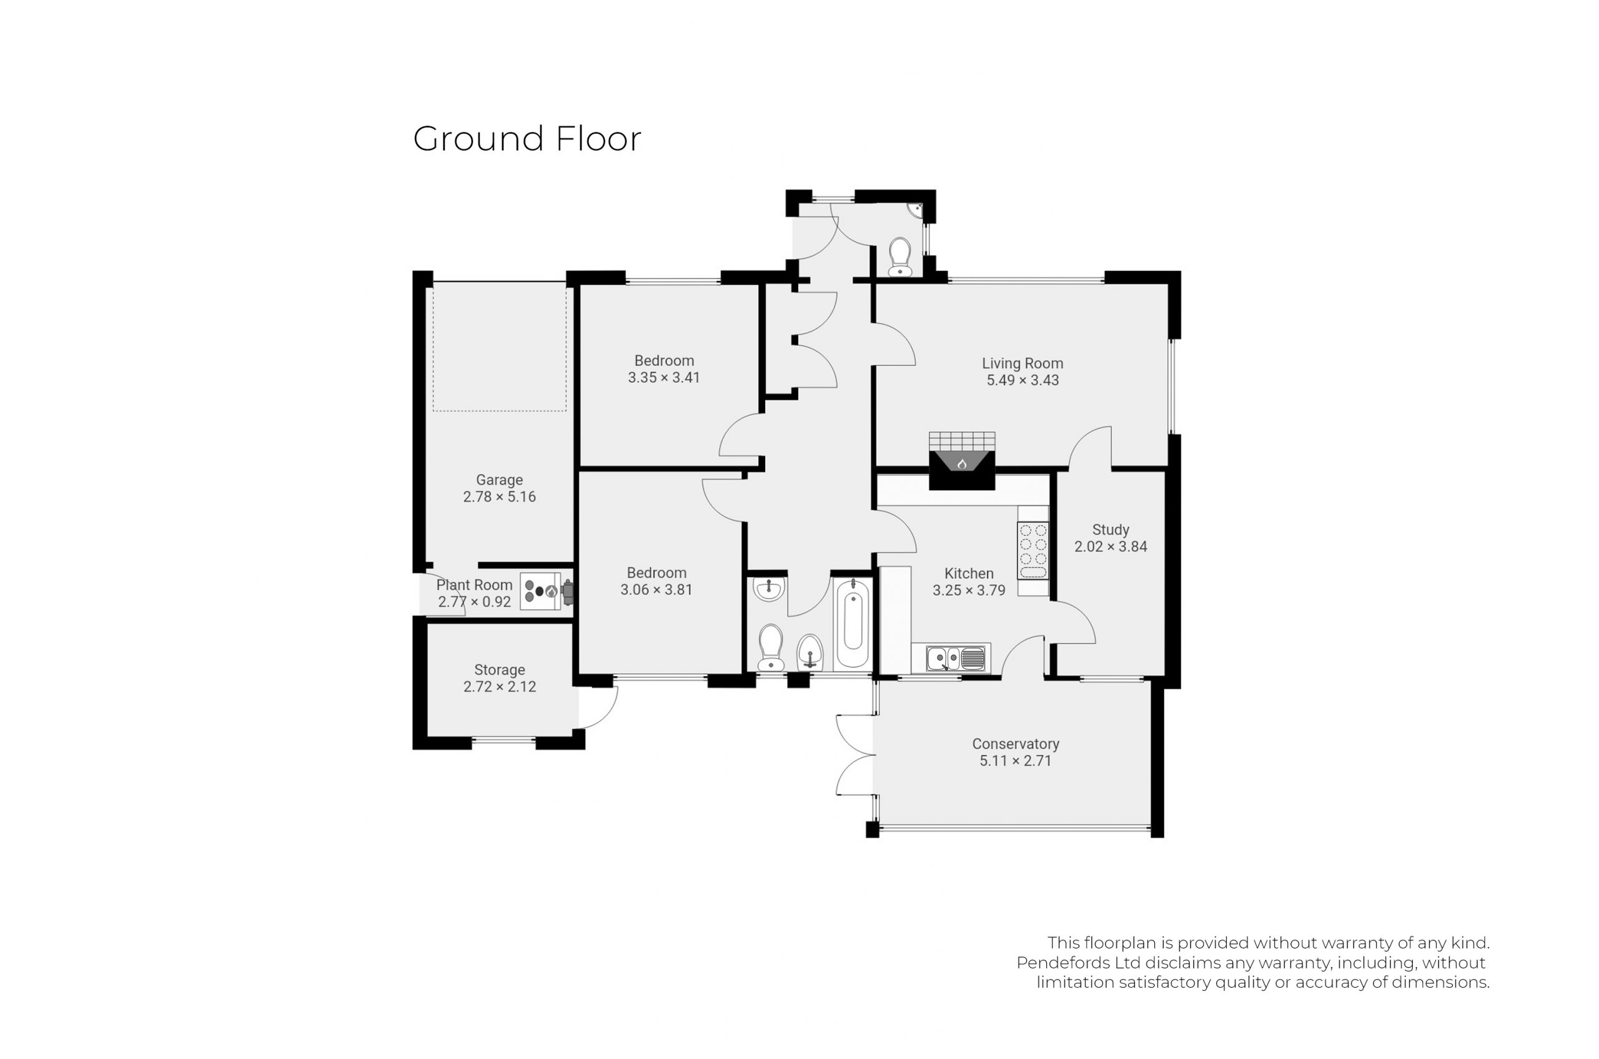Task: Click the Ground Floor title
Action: pyautogui.click(x=527, y=139)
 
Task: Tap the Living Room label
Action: pyautogui.click(x=1022, y=363)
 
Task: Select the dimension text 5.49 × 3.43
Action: pyautogui.click(x=1022, y=380)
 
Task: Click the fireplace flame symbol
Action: pyautogui.click(x=962, y=463)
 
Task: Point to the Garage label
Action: pyautogui.click(x=499, y=480)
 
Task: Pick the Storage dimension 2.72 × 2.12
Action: pyautogui.click(x=499, y=687)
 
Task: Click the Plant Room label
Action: pyautogui.click(x=474, y=585)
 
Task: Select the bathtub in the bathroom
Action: pyautogui.click(x=853, y=624)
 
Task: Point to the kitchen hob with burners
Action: pyautogui.click(x=1033, y=551)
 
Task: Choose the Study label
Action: pyautogui.click(x=1111, y=530)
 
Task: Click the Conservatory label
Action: pyautogui.click(x=1016, y=744)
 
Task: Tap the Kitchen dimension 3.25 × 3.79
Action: pyautogui.click(x=969, y=590)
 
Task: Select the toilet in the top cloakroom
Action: pyautogui.click(x=900, y=257)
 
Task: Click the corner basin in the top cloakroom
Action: pyautogui.click(x=915, y=210)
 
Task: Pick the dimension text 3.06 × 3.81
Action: pyautogui.click(x=656, y=589)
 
